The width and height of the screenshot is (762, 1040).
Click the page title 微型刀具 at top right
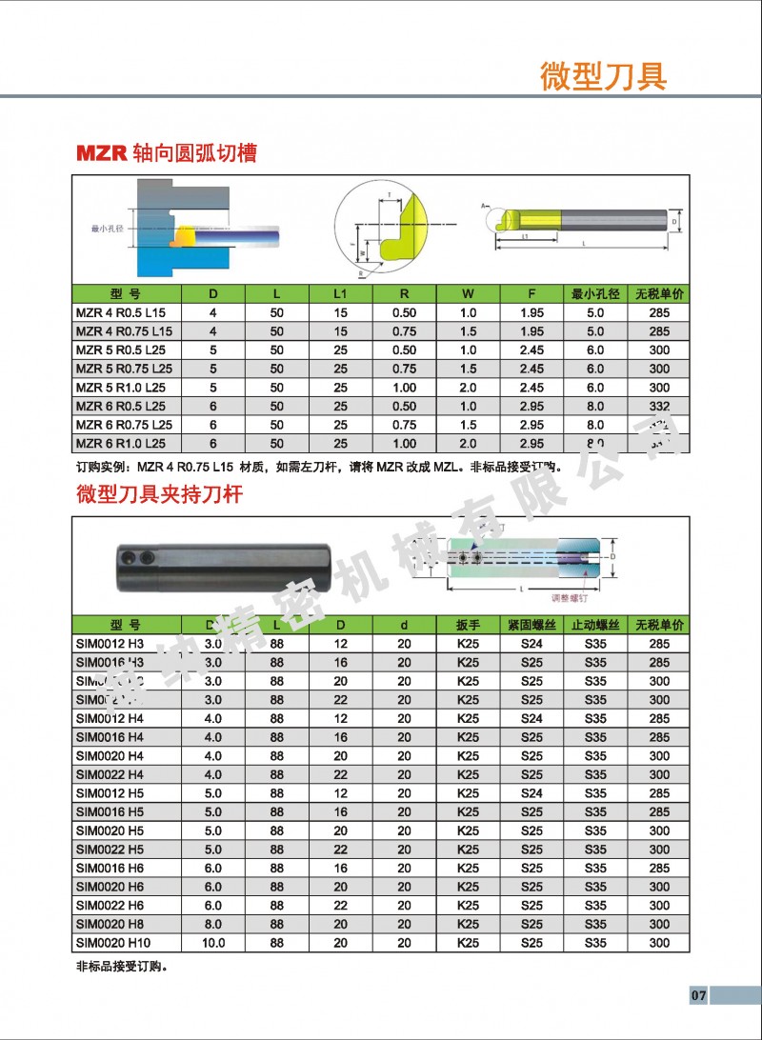(603, 75)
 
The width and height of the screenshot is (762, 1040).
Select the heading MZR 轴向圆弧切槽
(167, 152)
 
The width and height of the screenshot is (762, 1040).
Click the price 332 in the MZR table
(659, 407)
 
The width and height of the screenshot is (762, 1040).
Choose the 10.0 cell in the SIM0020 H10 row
(213, 943)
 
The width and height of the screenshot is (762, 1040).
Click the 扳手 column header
(468, 626)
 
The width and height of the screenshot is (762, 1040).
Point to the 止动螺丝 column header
(595, 626)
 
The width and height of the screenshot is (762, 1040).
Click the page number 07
(698, 995)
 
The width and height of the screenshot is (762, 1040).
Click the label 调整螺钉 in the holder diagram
(570, 599)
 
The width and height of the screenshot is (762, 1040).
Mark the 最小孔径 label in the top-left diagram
(108, 230)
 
